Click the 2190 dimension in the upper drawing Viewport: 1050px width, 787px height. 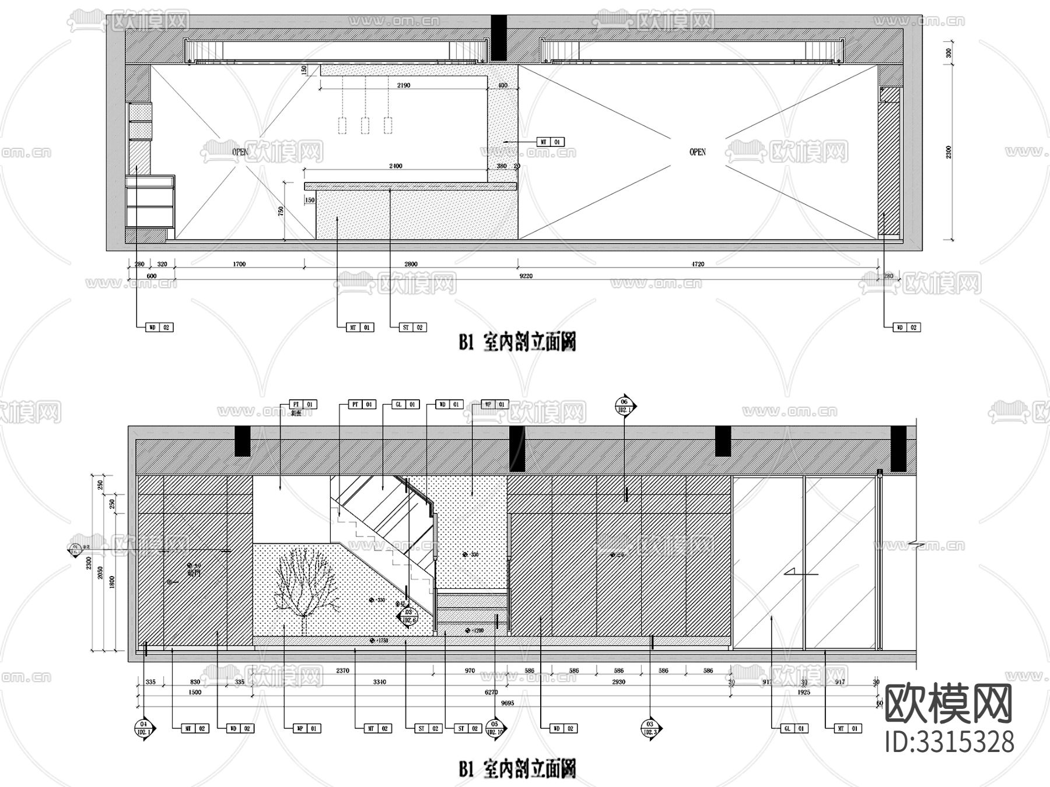(404, 85)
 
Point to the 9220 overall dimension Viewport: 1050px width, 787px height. (527, 276)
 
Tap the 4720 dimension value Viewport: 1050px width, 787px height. (698, 264)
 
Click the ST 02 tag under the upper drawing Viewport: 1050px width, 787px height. (412, 328)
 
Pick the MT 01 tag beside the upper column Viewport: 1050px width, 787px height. (551, 142)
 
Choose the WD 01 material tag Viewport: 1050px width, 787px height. (450, 404)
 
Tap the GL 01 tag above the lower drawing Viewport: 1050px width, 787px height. (405, 404)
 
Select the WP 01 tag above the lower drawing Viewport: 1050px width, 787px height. (495, 404)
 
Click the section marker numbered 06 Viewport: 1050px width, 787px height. (624, 406)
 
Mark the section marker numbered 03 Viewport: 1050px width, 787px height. (650, 728)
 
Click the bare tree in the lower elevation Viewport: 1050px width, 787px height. (304, 583)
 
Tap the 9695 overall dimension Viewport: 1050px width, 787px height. (507, 703)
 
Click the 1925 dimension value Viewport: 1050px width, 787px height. (804, 693)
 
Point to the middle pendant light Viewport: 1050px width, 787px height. (365, 125)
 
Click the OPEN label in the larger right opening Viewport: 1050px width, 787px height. (698, 152)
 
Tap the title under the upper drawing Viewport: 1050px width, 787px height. (517, 343)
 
